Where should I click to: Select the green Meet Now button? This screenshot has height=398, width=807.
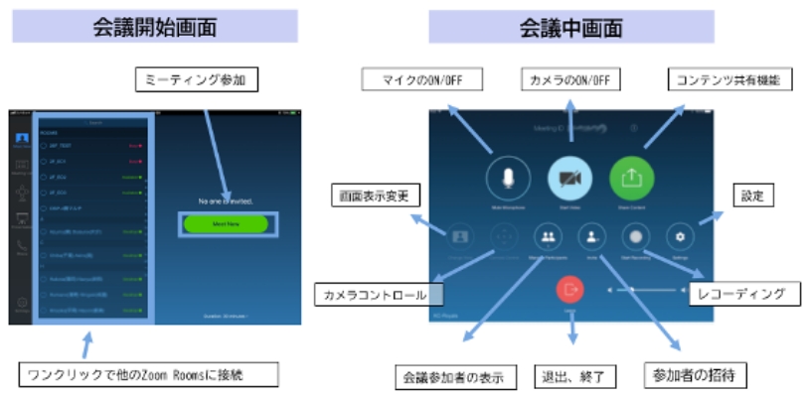point(226,224)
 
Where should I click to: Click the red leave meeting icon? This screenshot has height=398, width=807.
point(570,289)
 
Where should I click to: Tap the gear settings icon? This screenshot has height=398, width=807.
point(681,237)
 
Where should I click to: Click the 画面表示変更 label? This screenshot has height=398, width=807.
point(373,195)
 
